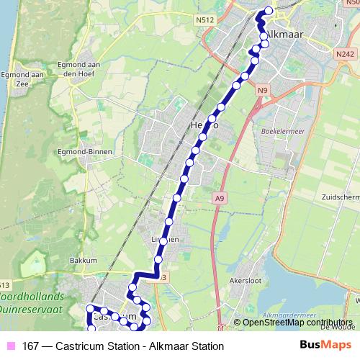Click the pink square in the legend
tap(9, 346)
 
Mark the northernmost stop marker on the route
tap(269, 10)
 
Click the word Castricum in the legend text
tap(86, 346)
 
